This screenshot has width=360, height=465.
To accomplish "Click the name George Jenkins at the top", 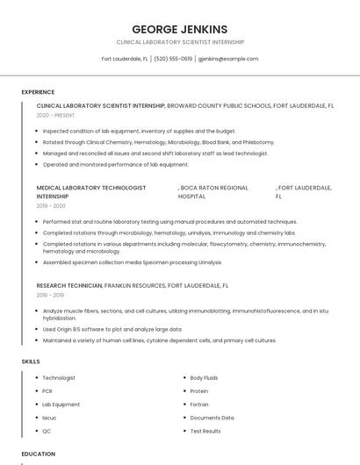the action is pyautogui.click(x=179, y=29).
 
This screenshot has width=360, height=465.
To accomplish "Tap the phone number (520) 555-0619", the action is pyautogui.click(x=173, y=59).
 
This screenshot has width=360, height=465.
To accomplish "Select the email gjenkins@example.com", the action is pyautogui.click(x=228, y=59).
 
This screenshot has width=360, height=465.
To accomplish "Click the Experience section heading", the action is pyautogui.click(x=38, y=92).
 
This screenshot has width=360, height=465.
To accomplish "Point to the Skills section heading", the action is pyautogui.click(x=31, y=361).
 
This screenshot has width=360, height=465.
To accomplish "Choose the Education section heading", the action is pyautogui.click(x=39, y=454).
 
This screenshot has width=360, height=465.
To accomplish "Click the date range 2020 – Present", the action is pyautogui.click(x=55, y=115).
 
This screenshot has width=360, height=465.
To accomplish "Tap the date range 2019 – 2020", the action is pyautogui.click(x=51, y=206).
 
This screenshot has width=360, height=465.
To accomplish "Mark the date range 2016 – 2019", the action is pyautogui.click(x=50, y=296).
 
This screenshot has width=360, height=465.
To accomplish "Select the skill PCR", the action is pyautogui.click(x=47, y=391).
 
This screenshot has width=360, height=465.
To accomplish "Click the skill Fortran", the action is pyautogui.click(x=200, y=404).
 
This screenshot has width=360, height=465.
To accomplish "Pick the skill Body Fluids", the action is pyautogui.click(x=205, y=378).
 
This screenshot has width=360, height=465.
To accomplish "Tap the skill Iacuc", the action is pyautogui.click(x=49, y=418).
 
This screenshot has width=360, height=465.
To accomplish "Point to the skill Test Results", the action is pyautogui.click(x=205, y=431).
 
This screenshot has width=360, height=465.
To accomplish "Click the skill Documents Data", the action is pyautogui.click(x=212, y=418).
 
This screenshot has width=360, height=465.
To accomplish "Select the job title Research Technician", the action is pyautogui.click(x=69, y=286).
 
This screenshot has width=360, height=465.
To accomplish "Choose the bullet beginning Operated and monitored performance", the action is pyautogui.click(x=115, y=164).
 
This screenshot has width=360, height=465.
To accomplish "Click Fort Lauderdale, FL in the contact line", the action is pyautogui.click(x=125, y=59).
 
